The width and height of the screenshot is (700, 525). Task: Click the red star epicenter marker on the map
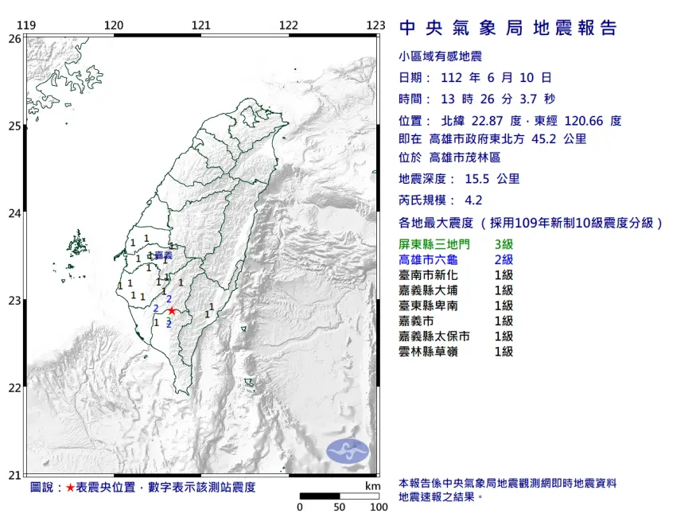[172, 311]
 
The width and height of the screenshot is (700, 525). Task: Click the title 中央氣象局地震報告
[508, 29]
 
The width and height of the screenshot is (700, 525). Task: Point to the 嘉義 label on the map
[163, 255]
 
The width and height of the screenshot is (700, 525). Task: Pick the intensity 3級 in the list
[504, 244]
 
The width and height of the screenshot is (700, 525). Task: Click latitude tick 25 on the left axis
[14, 126]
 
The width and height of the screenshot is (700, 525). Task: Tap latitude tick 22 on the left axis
[14, 388]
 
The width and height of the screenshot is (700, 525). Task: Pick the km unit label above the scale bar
[372, 486]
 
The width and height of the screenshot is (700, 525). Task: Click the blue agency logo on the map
[348, 450]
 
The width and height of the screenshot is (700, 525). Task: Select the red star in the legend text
[70, 487]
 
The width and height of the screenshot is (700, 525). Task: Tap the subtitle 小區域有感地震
[440, 56]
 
